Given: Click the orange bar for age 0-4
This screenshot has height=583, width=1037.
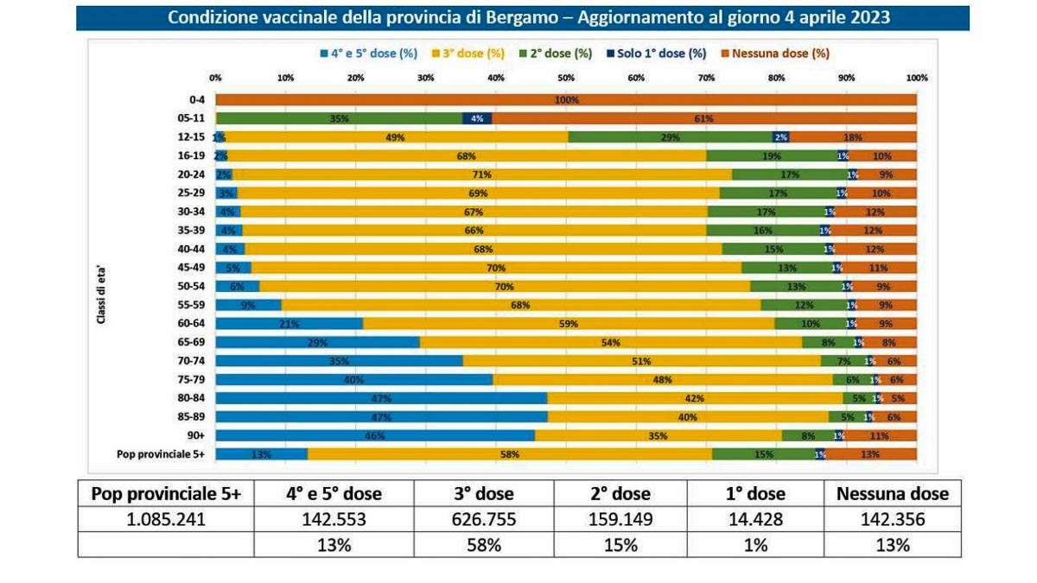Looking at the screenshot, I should point(566,99).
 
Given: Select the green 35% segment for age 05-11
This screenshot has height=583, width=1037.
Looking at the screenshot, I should point(339,118).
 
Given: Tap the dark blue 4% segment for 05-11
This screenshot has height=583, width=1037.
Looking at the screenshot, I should point(477,118).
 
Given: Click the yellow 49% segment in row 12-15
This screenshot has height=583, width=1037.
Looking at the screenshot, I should point(396,136).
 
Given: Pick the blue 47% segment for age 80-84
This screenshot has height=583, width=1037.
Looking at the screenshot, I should point(381,398).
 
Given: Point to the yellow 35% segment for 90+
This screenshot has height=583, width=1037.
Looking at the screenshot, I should point(658,435).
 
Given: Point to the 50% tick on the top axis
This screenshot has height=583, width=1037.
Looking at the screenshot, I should point(566,78).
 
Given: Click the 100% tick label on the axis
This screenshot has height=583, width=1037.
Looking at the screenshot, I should point(916,78).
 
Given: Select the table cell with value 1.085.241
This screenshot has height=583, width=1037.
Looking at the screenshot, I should point(166,520).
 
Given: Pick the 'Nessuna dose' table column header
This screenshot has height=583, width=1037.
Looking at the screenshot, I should point(893,494).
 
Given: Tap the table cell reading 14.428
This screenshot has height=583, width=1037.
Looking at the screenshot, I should point(754,520).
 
